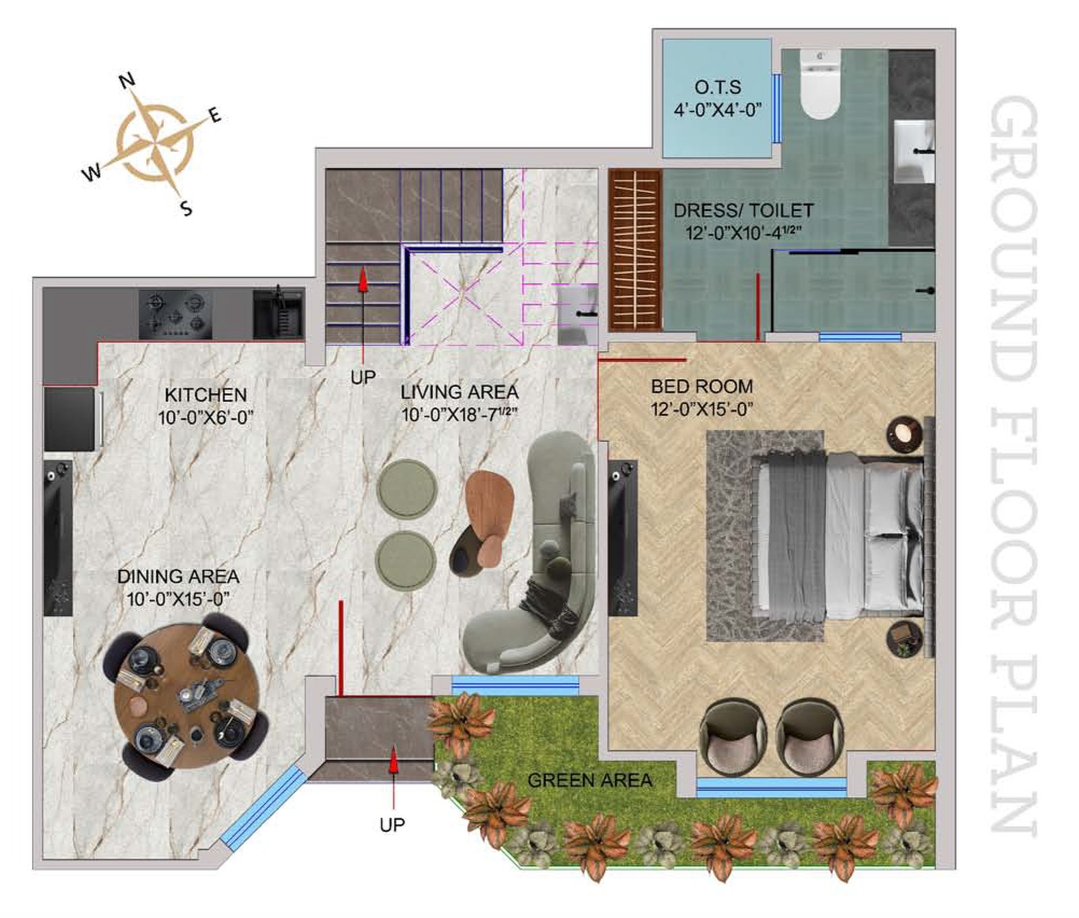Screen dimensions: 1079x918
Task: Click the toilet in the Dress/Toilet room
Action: point(819,84)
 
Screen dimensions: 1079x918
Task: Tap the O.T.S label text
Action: point(718,87)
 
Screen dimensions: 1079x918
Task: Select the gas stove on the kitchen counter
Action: point(175,314)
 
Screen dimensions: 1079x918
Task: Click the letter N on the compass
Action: point(127,81)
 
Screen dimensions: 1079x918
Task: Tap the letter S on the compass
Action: point(186,208)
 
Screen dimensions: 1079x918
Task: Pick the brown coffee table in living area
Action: point(490,518)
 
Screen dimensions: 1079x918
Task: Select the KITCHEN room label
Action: point(206,395)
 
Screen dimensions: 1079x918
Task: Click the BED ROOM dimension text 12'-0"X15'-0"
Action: point(701,409)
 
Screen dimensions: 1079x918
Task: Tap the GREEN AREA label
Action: point(589,780)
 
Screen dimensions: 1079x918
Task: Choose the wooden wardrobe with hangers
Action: point(635,250)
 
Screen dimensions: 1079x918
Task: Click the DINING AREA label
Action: point(178,577)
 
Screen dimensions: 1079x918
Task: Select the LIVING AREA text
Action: point(459,392)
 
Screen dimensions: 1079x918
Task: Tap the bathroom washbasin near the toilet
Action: point(914,152)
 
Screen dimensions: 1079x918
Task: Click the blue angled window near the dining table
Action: point(264,807)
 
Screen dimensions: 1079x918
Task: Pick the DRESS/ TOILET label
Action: point(743,210)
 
